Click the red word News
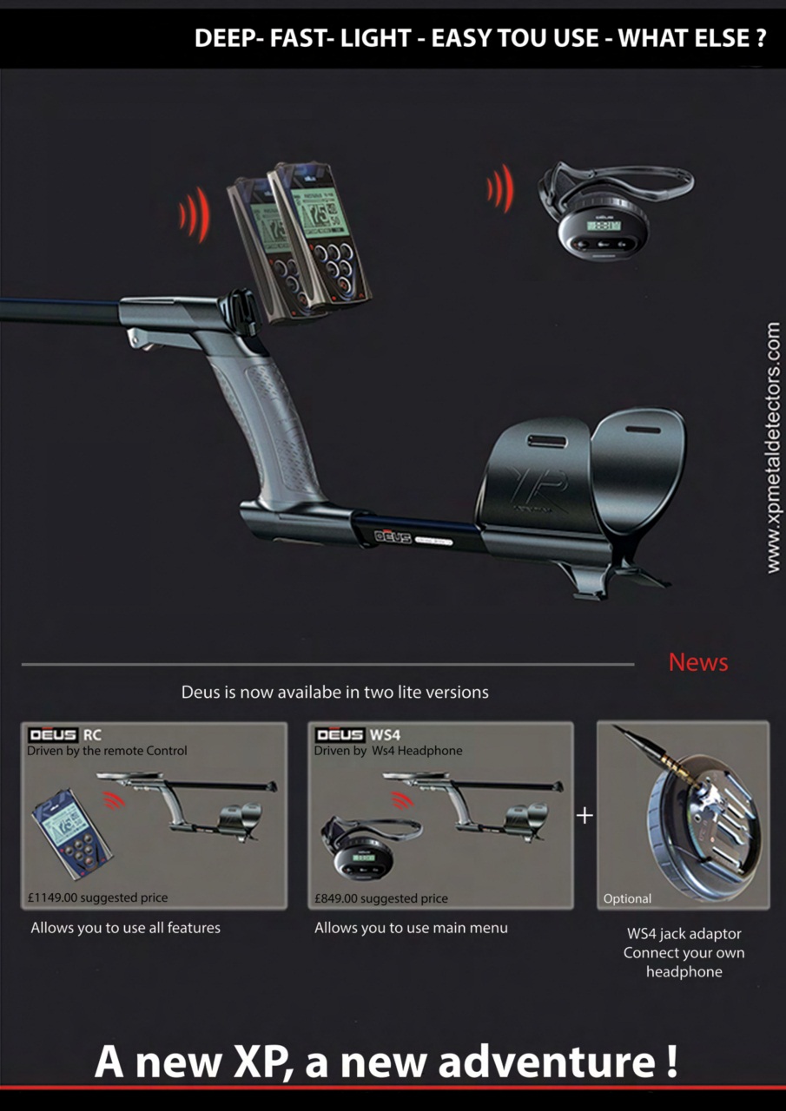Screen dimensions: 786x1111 pyautogui.click(x=698, y=662)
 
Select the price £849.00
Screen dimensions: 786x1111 pyautogui.click(x=336, y=898)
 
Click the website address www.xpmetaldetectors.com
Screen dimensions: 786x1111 pyautogui.click(x=773, y=448)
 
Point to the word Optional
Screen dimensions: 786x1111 pyautogui.click(x=627, y=898)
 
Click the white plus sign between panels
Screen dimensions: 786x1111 pyautogui.click(x=585, y=815)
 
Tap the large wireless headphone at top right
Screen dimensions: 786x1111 pyautogui.click(x=615, y=210)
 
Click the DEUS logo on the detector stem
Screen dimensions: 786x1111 pyautogui.click(x=393, y=537)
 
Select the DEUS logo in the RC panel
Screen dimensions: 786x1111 pyautogui.click(x=53, y=734)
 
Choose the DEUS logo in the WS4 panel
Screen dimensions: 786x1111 pyautogui.click(x=340, y=734)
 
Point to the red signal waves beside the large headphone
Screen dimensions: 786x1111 pyautogui.click(x=500, y=188)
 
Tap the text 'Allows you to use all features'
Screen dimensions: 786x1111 pyautogui.click(x=126, y=928)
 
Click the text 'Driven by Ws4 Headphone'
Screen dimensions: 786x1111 pyautogui.click(x=388, y=751)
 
